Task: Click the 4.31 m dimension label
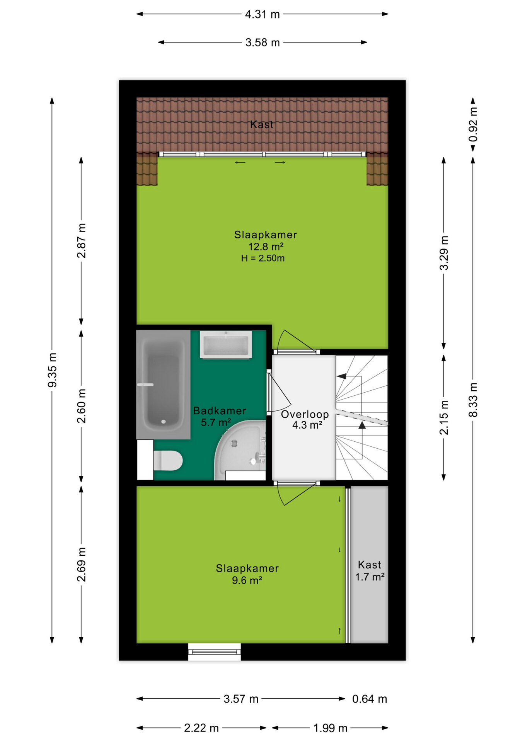click(262, 14)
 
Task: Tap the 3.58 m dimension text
click(262, 42)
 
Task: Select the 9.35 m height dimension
click(52, 370)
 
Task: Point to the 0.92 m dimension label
click(473, 124)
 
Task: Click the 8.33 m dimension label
click(473, 400)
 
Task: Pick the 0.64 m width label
click(370, 699)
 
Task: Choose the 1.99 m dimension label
click(330, 728)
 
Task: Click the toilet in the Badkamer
click(168, 461)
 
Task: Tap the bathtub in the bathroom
click(163, 385)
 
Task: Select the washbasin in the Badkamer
click(226, 344)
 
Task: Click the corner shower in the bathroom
click(240, 450)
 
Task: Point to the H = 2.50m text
click(263, 258)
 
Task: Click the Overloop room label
click(305, 414)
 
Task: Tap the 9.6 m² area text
click(247, 580)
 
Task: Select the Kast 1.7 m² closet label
click(370, 571)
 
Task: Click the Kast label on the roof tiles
click(262, 124)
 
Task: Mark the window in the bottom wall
click(215, 652)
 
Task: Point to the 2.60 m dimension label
click(82, 406)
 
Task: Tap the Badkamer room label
click(220, 411)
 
